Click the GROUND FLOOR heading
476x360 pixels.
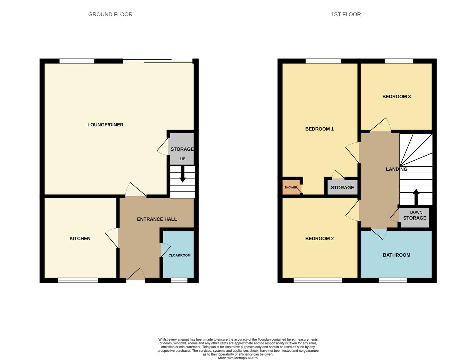point(110,14)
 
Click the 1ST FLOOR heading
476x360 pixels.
point(346,14)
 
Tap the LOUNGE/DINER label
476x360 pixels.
point(105,125)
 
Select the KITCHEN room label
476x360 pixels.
point(80,238)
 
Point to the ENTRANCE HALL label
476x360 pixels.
point(157,219)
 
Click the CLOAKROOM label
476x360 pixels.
point(179,255)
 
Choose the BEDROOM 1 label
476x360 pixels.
point(319,129)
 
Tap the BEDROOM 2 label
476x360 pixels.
point(319,238)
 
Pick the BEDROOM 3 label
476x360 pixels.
point(396,97)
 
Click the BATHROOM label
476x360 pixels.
point(396,255)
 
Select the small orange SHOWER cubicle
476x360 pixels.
point(291,187)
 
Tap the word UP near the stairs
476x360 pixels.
point(182,159)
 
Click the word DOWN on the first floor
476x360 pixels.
point(416,212)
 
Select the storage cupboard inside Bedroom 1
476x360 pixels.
point(342,188)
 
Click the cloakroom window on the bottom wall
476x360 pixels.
point(179,280)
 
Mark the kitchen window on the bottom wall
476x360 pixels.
point(78,280)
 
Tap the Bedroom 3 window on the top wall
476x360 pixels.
point(399,61)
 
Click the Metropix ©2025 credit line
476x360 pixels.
point(238,358)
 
